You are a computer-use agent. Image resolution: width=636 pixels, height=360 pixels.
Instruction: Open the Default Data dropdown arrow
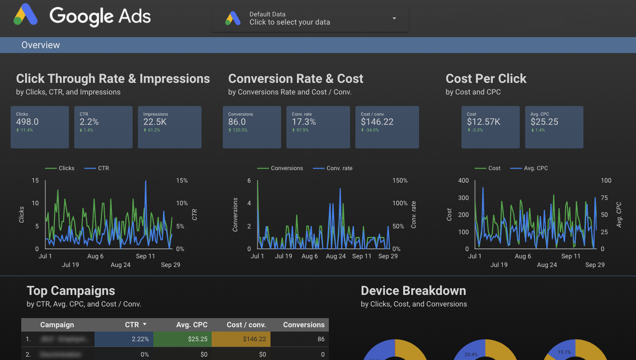(x=394, y=18)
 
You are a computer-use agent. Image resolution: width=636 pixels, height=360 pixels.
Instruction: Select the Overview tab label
(x=41, y=45)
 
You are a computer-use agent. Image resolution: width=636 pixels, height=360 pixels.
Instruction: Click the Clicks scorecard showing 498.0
(x=40, y=127)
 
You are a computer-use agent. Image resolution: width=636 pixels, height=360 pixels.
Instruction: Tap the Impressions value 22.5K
(x=155, y=122)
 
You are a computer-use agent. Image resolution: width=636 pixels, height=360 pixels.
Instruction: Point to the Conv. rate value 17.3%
(x=304, y=122)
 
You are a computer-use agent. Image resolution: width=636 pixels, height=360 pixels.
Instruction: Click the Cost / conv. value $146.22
(x=377, y=122)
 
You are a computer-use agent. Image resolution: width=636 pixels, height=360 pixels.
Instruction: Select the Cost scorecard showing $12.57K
(x=490, y=127)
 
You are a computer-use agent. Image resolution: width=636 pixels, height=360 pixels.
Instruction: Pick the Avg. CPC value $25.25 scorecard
(x=554, y=127)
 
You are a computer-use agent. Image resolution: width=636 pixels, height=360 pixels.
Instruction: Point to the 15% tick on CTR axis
(x=182, y=181)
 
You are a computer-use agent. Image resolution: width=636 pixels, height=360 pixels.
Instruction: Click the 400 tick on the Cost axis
(x=463, y=181)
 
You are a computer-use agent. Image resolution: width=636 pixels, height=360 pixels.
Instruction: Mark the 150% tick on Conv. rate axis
(x=399, y=181)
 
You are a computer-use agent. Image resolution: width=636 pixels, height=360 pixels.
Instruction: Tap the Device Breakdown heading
(x=413, y=291)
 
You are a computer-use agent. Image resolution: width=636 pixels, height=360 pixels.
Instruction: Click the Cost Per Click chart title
(x=486, y=79)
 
